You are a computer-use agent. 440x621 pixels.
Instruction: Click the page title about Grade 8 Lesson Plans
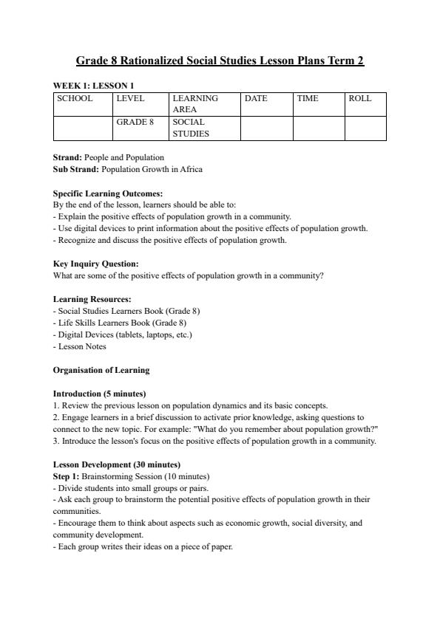pyautogui.click(x=220, y=61)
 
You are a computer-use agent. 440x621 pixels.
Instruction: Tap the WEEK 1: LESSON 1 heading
pyautogui.click(x=93, y=86)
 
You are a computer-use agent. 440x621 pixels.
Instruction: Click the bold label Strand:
pyautogui.click(x=68, y=157)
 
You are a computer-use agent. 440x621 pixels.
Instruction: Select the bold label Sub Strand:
pyautogui.click(x=76, y=169)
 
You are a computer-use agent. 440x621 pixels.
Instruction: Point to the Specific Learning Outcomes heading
pyautogui.click(x=108, y=193)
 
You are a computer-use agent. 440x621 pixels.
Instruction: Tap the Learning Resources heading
pyautogui.click(x=92, y=299)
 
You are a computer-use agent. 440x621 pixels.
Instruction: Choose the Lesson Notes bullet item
pyautogui.click(x=81, y=346)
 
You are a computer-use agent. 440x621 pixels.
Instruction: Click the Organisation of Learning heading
pyautogui.click(x=101, y=370)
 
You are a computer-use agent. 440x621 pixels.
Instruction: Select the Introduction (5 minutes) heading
pyautogui.click(x=99, y=394)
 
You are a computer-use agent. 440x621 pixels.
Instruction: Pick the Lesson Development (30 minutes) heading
pyautogui.click(x=117, y=464)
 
